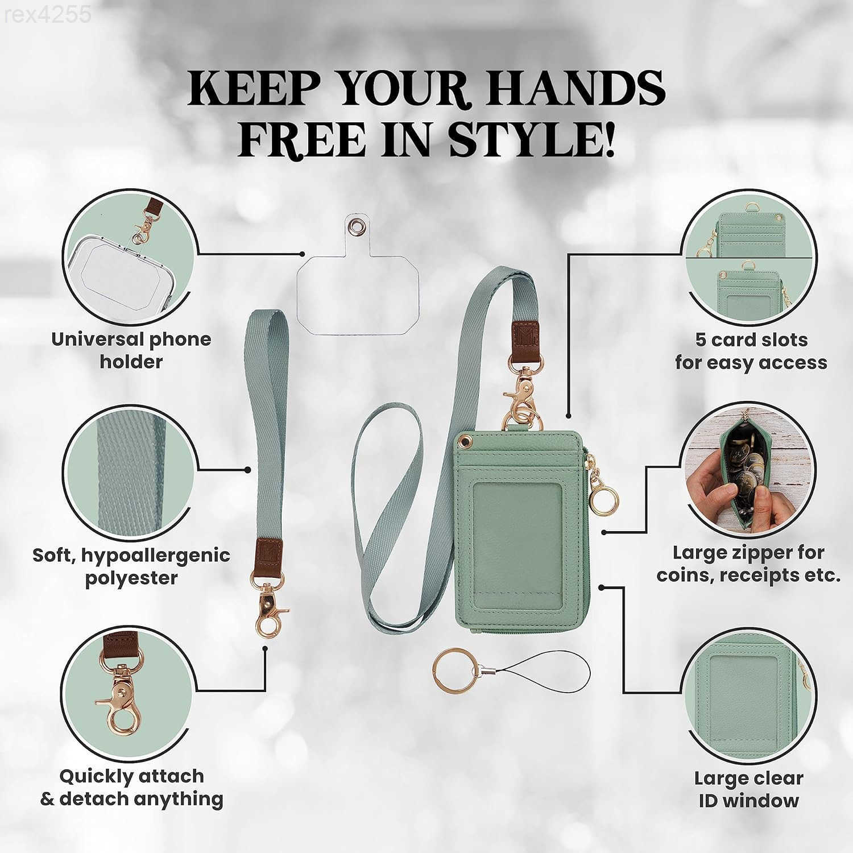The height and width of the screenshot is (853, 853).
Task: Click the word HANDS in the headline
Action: click(x=569, y=88)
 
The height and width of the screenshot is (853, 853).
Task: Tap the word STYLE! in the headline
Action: click(x=531, y=138)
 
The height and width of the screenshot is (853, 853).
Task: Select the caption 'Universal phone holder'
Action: click(x=131, y=350)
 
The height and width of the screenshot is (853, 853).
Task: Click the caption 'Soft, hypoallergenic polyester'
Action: click(x=131, y=566)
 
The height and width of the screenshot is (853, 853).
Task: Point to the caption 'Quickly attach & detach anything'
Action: click(x=131, y=788)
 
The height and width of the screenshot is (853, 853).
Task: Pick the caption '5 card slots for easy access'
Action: click(x=751, y=351)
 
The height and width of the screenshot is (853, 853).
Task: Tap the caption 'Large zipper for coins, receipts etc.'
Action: click(x=748, y=564)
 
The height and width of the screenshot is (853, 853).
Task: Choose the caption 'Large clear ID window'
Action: click(x=748, y=789)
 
